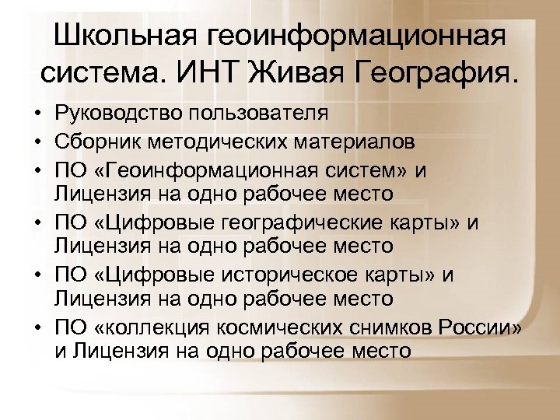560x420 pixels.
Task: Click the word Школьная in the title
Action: (x=125, y=37)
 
